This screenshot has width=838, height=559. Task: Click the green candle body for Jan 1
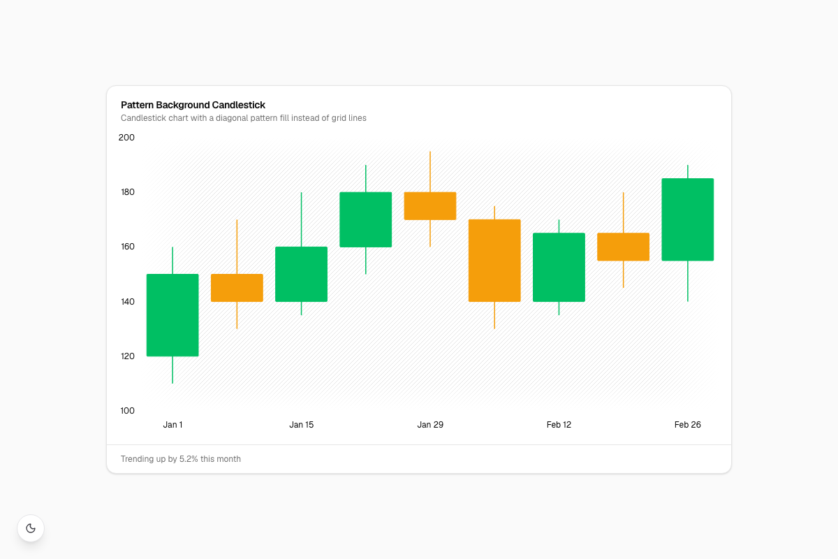point(172,315)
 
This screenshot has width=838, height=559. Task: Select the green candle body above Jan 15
point(301,274)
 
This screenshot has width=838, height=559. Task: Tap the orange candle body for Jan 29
point(430,205)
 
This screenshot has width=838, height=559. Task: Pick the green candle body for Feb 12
point(559,267)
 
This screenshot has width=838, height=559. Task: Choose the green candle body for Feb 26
point(688,219)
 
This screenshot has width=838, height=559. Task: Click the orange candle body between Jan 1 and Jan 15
point(237,288)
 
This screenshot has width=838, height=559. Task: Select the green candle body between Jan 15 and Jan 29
point(365,219)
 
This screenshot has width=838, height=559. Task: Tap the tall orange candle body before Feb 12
point(494,260)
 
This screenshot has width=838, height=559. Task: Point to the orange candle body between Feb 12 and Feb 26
point(623,247)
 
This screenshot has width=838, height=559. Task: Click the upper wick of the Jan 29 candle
point(430,171)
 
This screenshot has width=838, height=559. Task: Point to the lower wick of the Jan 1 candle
point(172,370)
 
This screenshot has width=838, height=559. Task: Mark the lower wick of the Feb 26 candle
point(688,281)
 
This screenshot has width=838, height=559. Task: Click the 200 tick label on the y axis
point(126,138)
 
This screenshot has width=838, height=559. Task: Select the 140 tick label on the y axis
point(128,301)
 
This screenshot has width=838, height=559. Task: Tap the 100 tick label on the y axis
point(128,410)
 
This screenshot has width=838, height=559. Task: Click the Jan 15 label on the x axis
point(301,425)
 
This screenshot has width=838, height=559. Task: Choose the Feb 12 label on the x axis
point(559,425)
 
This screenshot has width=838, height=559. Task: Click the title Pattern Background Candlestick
point(193,105)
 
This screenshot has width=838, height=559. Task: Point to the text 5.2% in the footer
point(189,458)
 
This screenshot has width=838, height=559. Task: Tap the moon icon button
point(31,528)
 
